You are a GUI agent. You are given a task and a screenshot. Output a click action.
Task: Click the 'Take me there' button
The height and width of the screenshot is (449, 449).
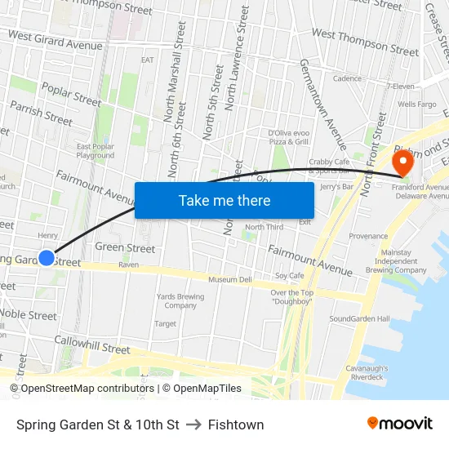pos(224,200)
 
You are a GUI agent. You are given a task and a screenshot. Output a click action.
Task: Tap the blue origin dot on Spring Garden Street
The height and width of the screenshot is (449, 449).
pos(47,258)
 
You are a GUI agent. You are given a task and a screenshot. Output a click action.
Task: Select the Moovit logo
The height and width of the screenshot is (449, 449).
pos(400,424)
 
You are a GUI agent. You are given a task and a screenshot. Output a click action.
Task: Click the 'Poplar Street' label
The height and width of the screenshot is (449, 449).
pos(70,94)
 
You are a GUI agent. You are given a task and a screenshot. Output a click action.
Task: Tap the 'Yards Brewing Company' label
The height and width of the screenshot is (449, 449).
pos(180,301)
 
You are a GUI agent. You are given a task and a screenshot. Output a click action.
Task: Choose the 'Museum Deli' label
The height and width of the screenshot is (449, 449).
pos(229,280)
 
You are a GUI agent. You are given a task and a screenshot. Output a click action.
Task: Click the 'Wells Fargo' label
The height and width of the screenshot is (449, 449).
pos(416,104)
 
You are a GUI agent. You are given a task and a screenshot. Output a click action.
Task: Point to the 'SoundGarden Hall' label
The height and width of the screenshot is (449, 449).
pos(356,318)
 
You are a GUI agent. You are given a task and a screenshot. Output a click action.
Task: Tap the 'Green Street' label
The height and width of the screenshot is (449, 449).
pos(125,247)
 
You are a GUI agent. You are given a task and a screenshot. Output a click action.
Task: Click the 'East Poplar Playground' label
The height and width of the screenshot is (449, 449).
pos(95,151)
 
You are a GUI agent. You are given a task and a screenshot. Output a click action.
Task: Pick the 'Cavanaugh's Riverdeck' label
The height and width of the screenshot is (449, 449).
pos(372,372)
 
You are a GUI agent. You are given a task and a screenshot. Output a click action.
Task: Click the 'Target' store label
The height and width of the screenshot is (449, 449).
pos(165,324)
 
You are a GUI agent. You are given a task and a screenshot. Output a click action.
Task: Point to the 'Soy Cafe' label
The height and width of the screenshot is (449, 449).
pos(289,276)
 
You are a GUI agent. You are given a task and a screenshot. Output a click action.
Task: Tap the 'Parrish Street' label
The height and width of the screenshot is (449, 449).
pos(41,113)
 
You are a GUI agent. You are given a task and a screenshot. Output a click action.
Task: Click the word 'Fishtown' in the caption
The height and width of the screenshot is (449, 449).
pos(236,425)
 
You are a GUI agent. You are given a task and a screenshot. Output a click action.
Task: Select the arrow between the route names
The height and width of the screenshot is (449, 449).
pos(193,425)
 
